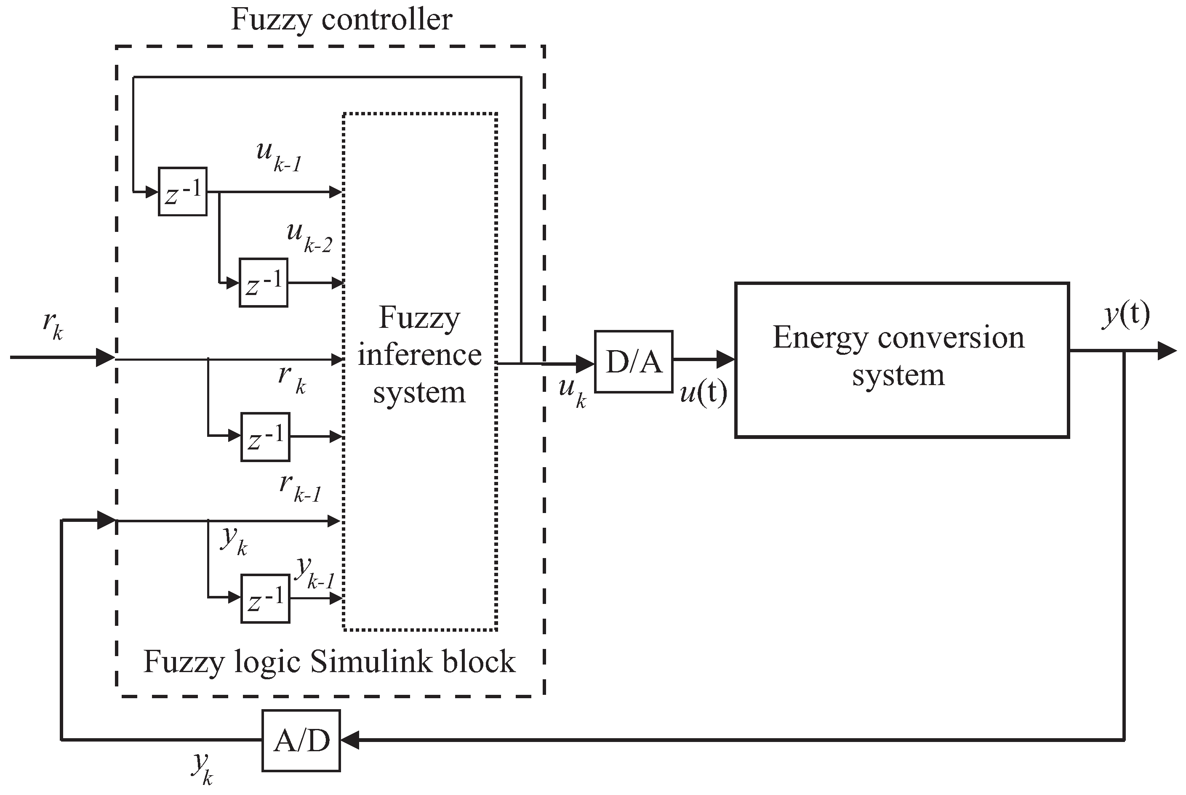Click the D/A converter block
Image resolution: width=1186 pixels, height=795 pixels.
[633, 362]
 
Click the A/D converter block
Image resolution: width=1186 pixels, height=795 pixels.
[301, 741]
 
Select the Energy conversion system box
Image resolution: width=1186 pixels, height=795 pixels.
[901, 359]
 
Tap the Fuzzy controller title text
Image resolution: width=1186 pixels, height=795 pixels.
[341, 20]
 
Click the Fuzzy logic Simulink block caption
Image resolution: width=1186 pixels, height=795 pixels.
[329, 661]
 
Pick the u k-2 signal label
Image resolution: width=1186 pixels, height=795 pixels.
[308, 237]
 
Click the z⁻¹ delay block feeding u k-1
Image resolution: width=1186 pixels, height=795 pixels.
[183, 191]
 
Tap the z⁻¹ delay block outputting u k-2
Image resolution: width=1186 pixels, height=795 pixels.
[264, 283]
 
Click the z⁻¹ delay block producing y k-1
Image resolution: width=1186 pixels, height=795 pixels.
[265, 598]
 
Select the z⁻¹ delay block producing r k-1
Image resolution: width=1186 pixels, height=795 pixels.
[265, 437]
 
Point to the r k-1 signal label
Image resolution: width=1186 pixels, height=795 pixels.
[300, 487]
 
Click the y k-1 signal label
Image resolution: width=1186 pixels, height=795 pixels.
[314, 572]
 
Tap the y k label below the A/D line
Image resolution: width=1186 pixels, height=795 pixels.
[202, 768]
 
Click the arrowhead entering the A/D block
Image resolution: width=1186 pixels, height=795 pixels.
[350, 740]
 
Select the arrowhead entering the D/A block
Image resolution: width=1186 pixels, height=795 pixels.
[585, 363]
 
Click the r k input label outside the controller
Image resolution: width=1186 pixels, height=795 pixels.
[53, 324]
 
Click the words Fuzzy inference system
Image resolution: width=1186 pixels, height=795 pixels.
[419, 354]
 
